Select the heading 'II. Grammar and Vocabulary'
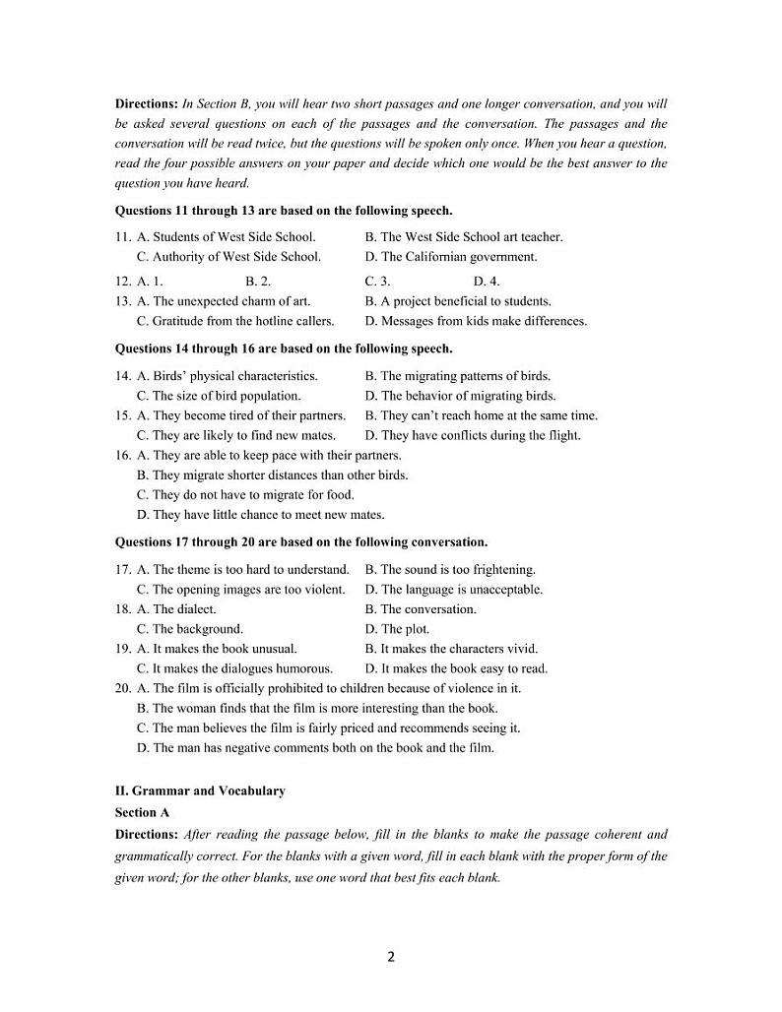[x=200, y=791]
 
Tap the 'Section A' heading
[x=142, y=812]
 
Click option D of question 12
[x=487, y=282]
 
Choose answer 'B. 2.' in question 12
[x=258, y=282]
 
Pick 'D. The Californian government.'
[x=451, y=257]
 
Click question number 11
[x=123, y=237]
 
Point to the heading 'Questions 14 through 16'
[x=284, y=348]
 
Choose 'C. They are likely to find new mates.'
[x=236, y=435]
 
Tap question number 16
[x=123, y=456]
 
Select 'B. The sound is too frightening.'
[x=450, y=570]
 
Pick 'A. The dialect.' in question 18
[x=176, y=609]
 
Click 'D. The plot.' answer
[x=397, y=629]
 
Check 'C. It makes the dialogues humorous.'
[x=234, y=668]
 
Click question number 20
[x=123, y=689]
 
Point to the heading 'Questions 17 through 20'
[x=301, y=542]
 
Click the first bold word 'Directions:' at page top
[x=147, y=103]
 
